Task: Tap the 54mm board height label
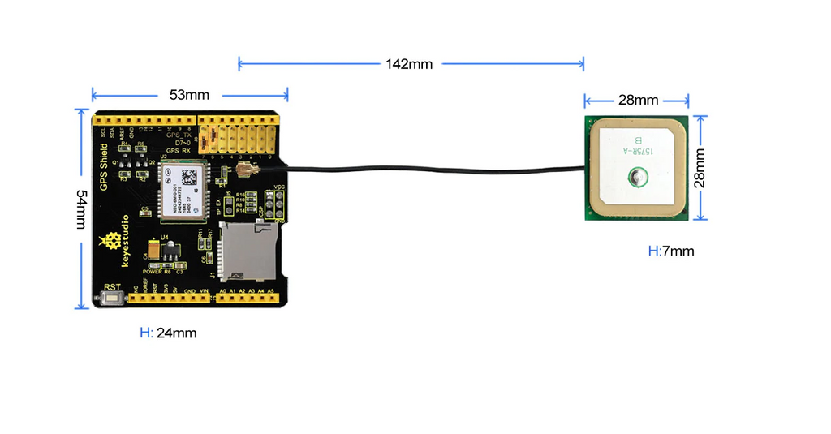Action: click(x=81, y=209)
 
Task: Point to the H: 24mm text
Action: click(x=168, y=333)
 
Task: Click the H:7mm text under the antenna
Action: click(x=671, y=251)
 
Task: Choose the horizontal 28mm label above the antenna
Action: click(x=638, y=101)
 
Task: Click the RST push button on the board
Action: click(x=110, y=299)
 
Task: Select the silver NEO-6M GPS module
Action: click(x=184, y=190)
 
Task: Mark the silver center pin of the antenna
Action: click(x=636, y=176)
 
